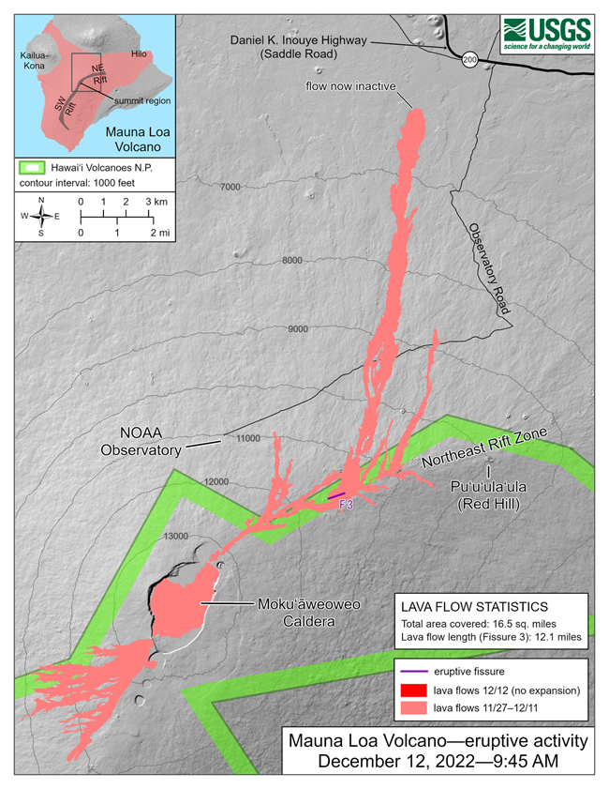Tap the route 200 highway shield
click(x=468, y=59)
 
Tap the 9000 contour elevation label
click(x=299, y=328)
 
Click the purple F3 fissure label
click(x=345, y=504)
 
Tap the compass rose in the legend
click(x=40, y=217)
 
